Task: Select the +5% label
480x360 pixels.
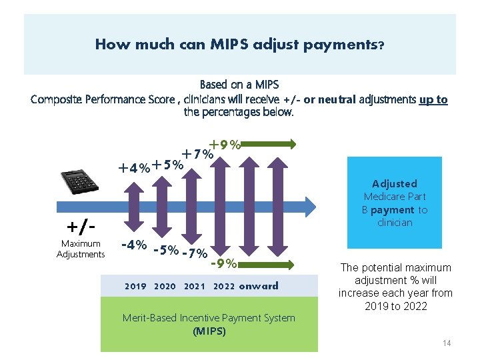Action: [167, 165]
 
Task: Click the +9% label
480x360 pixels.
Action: [224, 143]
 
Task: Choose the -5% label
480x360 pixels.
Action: [165, 251]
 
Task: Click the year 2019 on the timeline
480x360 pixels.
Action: [135, 287]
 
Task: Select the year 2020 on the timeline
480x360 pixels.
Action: [165, 287]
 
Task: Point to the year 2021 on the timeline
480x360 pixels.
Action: [194, 287]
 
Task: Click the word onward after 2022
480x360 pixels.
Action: [259, 287]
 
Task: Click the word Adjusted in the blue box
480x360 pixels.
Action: [395, 183]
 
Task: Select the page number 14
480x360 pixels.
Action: [447, 343]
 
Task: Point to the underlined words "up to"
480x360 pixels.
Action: [433, 99]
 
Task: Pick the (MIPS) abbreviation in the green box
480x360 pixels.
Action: [209, 331]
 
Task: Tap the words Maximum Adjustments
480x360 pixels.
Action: [81, 249]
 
